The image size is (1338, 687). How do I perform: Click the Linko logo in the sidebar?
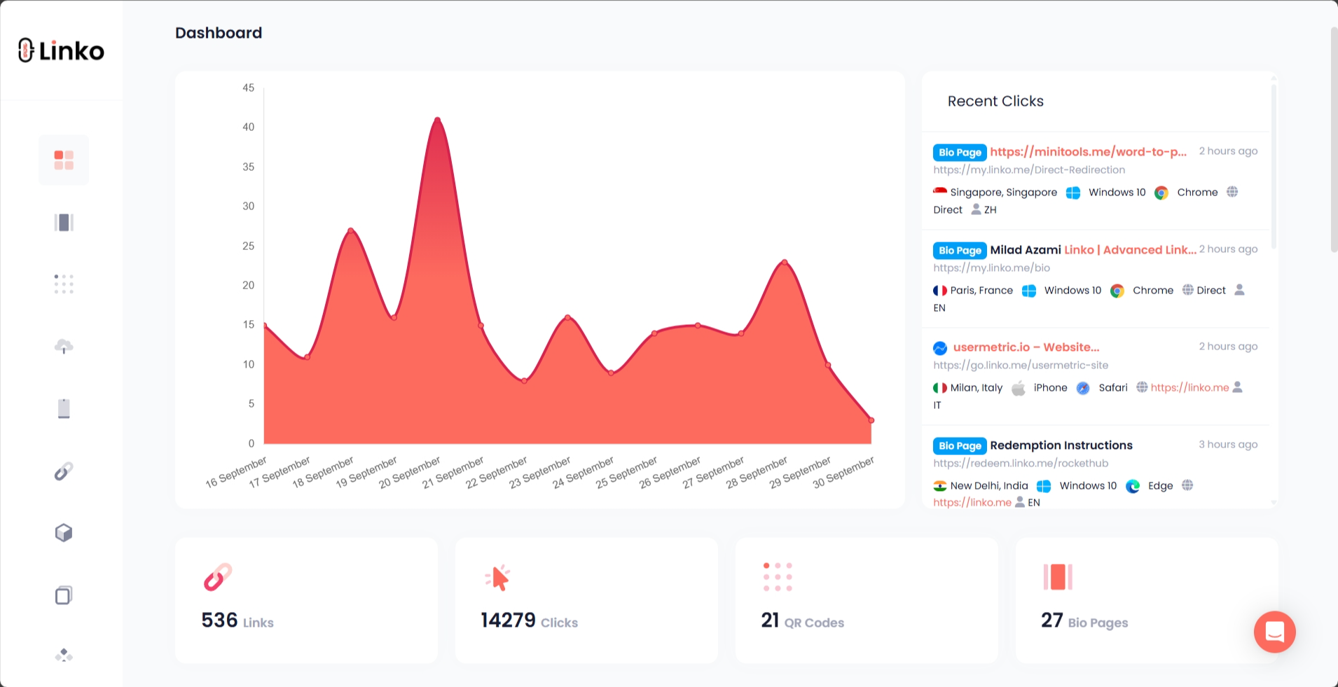click(x=61, y=50)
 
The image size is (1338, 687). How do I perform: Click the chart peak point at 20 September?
click(x=438, y=119)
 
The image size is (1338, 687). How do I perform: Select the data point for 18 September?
click(x=351, y=230)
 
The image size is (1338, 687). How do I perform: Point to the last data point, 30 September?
click(x=871, y=420)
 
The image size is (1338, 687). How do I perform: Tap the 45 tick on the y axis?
click(x=249, y=88)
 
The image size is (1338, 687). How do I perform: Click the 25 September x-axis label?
click(x=627, y=472)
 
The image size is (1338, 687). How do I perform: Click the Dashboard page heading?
click(x=219, y=33)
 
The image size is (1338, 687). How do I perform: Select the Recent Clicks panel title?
click(x=995, y=101)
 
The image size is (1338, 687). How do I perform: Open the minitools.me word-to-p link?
click(x=1088, y=151)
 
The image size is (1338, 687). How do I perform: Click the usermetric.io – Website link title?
click(x=1026, y=347)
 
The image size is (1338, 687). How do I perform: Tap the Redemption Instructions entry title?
click(x=1061, y=445)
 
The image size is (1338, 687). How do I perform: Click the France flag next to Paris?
click(x=940, y=291)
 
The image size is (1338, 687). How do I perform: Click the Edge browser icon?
click(x=1133, y=486)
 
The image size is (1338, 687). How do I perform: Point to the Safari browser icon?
click(x=1083, y=388)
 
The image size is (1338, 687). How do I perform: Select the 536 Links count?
click(x=219, y=620)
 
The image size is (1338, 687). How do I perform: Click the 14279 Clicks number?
click(x=508, y=620)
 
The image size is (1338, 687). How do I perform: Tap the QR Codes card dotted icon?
click(x=778, y=577)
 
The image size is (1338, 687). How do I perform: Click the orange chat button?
click(x=1274, y=632)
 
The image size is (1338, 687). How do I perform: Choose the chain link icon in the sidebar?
click(x=64, y=471)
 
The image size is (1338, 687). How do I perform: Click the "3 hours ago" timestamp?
click(x=1228, y=445)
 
